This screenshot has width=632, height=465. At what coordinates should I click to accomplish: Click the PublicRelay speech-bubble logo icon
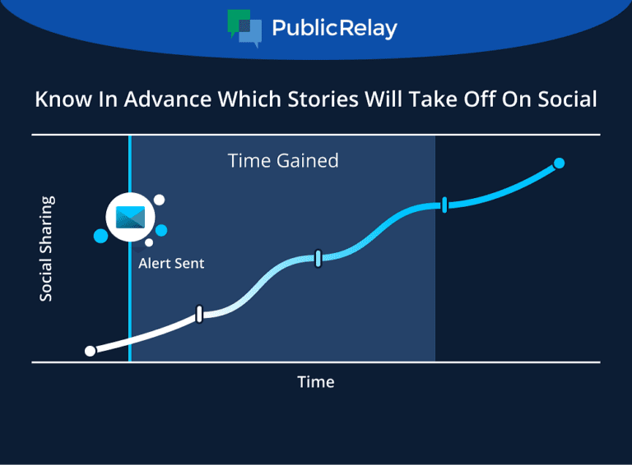pos(244,28)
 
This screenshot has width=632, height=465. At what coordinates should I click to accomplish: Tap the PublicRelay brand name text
pos(335,28)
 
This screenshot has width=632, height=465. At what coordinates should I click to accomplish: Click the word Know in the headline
pos(63,99)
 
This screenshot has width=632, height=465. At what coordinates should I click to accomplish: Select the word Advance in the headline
pos(168,99)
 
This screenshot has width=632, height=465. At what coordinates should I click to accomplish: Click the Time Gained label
pos(283,160)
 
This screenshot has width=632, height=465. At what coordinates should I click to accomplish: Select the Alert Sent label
pos(171,264)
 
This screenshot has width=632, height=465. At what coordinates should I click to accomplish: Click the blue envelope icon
pos(130,217)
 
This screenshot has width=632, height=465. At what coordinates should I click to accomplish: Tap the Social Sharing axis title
pos(46,249)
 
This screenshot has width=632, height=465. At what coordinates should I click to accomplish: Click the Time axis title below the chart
pos(316,382)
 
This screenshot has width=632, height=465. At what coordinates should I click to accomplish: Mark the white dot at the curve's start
pos(91,351)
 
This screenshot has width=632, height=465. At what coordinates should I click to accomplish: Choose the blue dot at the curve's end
pos(559,163)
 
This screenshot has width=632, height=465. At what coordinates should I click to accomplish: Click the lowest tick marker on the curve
pos(199,314)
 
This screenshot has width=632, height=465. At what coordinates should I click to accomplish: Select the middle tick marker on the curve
pos(318,259)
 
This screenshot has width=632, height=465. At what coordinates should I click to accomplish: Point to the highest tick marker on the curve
pos(444,205)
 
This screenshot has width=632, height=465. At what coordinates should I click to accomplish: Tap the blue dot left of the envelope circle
pos(100,236)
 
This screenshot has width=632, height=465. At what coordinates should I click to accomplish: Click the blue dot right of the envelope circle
pos(161,231)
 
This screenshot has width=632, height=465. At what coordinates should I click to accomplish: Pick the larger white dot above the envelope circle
pos(159,200)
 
